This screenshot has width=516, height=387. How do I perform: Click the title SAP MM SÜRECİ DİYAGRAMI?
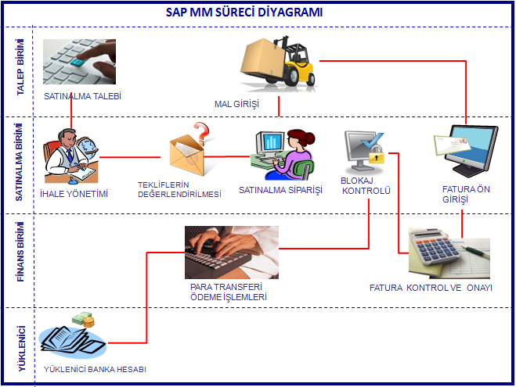point(244,13)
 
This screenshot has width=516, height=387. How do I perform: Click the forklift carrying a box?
point(279,62)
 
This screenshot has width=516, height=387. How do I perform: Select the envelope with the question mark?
point(189,152)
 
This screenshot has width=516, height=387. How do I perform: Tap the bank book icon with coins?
point(75,336)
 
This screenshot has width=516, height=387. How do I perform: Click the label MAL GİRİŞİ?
point(236,103)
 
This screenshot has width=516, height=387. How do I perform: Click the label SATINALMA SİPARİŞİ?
point(280,190)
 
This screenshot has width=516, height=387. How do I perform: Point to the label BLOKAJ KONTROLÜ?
point(366,185)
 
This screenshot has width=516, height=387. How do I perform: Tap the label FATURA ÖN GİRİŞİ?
point(467,193)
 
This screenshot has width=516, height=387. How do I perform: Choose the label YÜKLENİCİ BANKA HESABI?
point(96,368)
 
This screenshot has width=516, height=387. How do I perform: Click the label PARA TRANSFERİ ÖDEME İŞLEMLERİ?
point(229,292)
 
